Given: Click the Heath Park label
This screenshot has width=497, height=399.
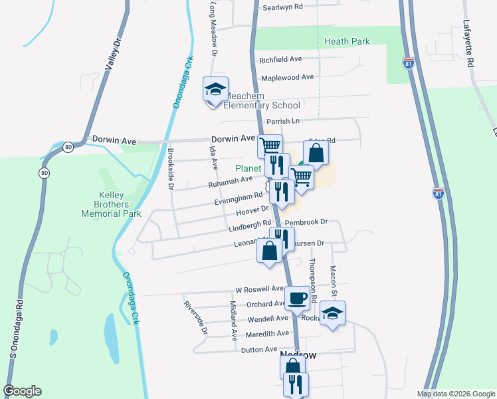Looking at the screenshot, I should [x=346, y=42].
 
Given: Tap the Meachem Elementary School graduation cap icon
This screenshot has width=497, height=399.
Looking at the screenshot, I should [x=215, y=90].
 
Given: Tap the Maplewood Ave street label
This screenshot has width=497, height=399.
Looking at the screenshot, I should [x=287, y=78].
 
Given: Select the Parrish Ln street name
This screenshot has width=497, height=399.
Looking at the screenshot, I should [x=284, y=121].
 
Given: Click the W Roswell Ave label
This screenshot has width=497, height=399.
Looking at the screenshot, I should [x=259, y=290].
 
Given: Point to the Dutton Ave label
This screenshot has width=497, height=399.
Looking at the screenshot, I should [x=258, y=349].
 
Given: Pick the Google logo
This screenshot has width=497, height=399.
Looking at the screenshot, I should [x=22, y=391].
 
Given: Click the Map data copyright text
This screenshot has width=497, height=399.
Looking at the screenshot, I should [x=455, y=394].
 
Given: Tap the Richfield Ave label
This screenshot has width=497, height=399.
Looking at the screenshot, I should [x=280, y=60].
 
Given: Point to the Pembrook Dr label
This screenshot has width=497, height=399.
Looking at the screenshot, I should [x=306, y=221].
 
